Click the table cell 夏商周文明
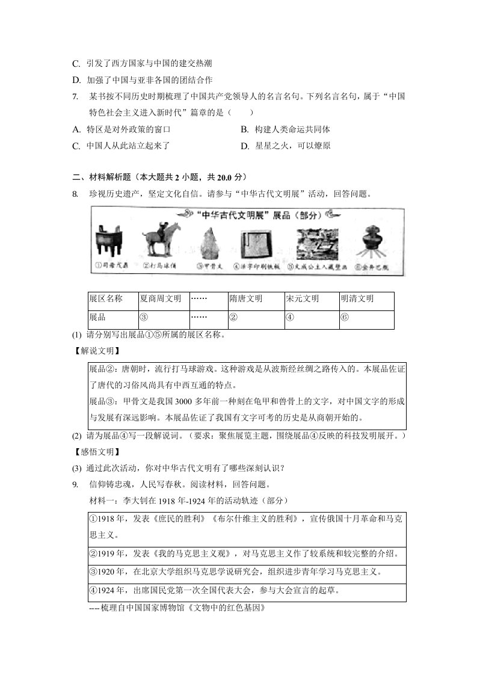click(x=161, y=299)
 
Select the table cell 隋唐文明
click(x=245, y=299)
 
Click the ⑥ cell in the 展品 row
click(x=345, y=318)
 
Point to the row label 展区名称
click(x=106, y=299)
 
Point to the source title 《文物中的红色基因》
click(x=224, y=608)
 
